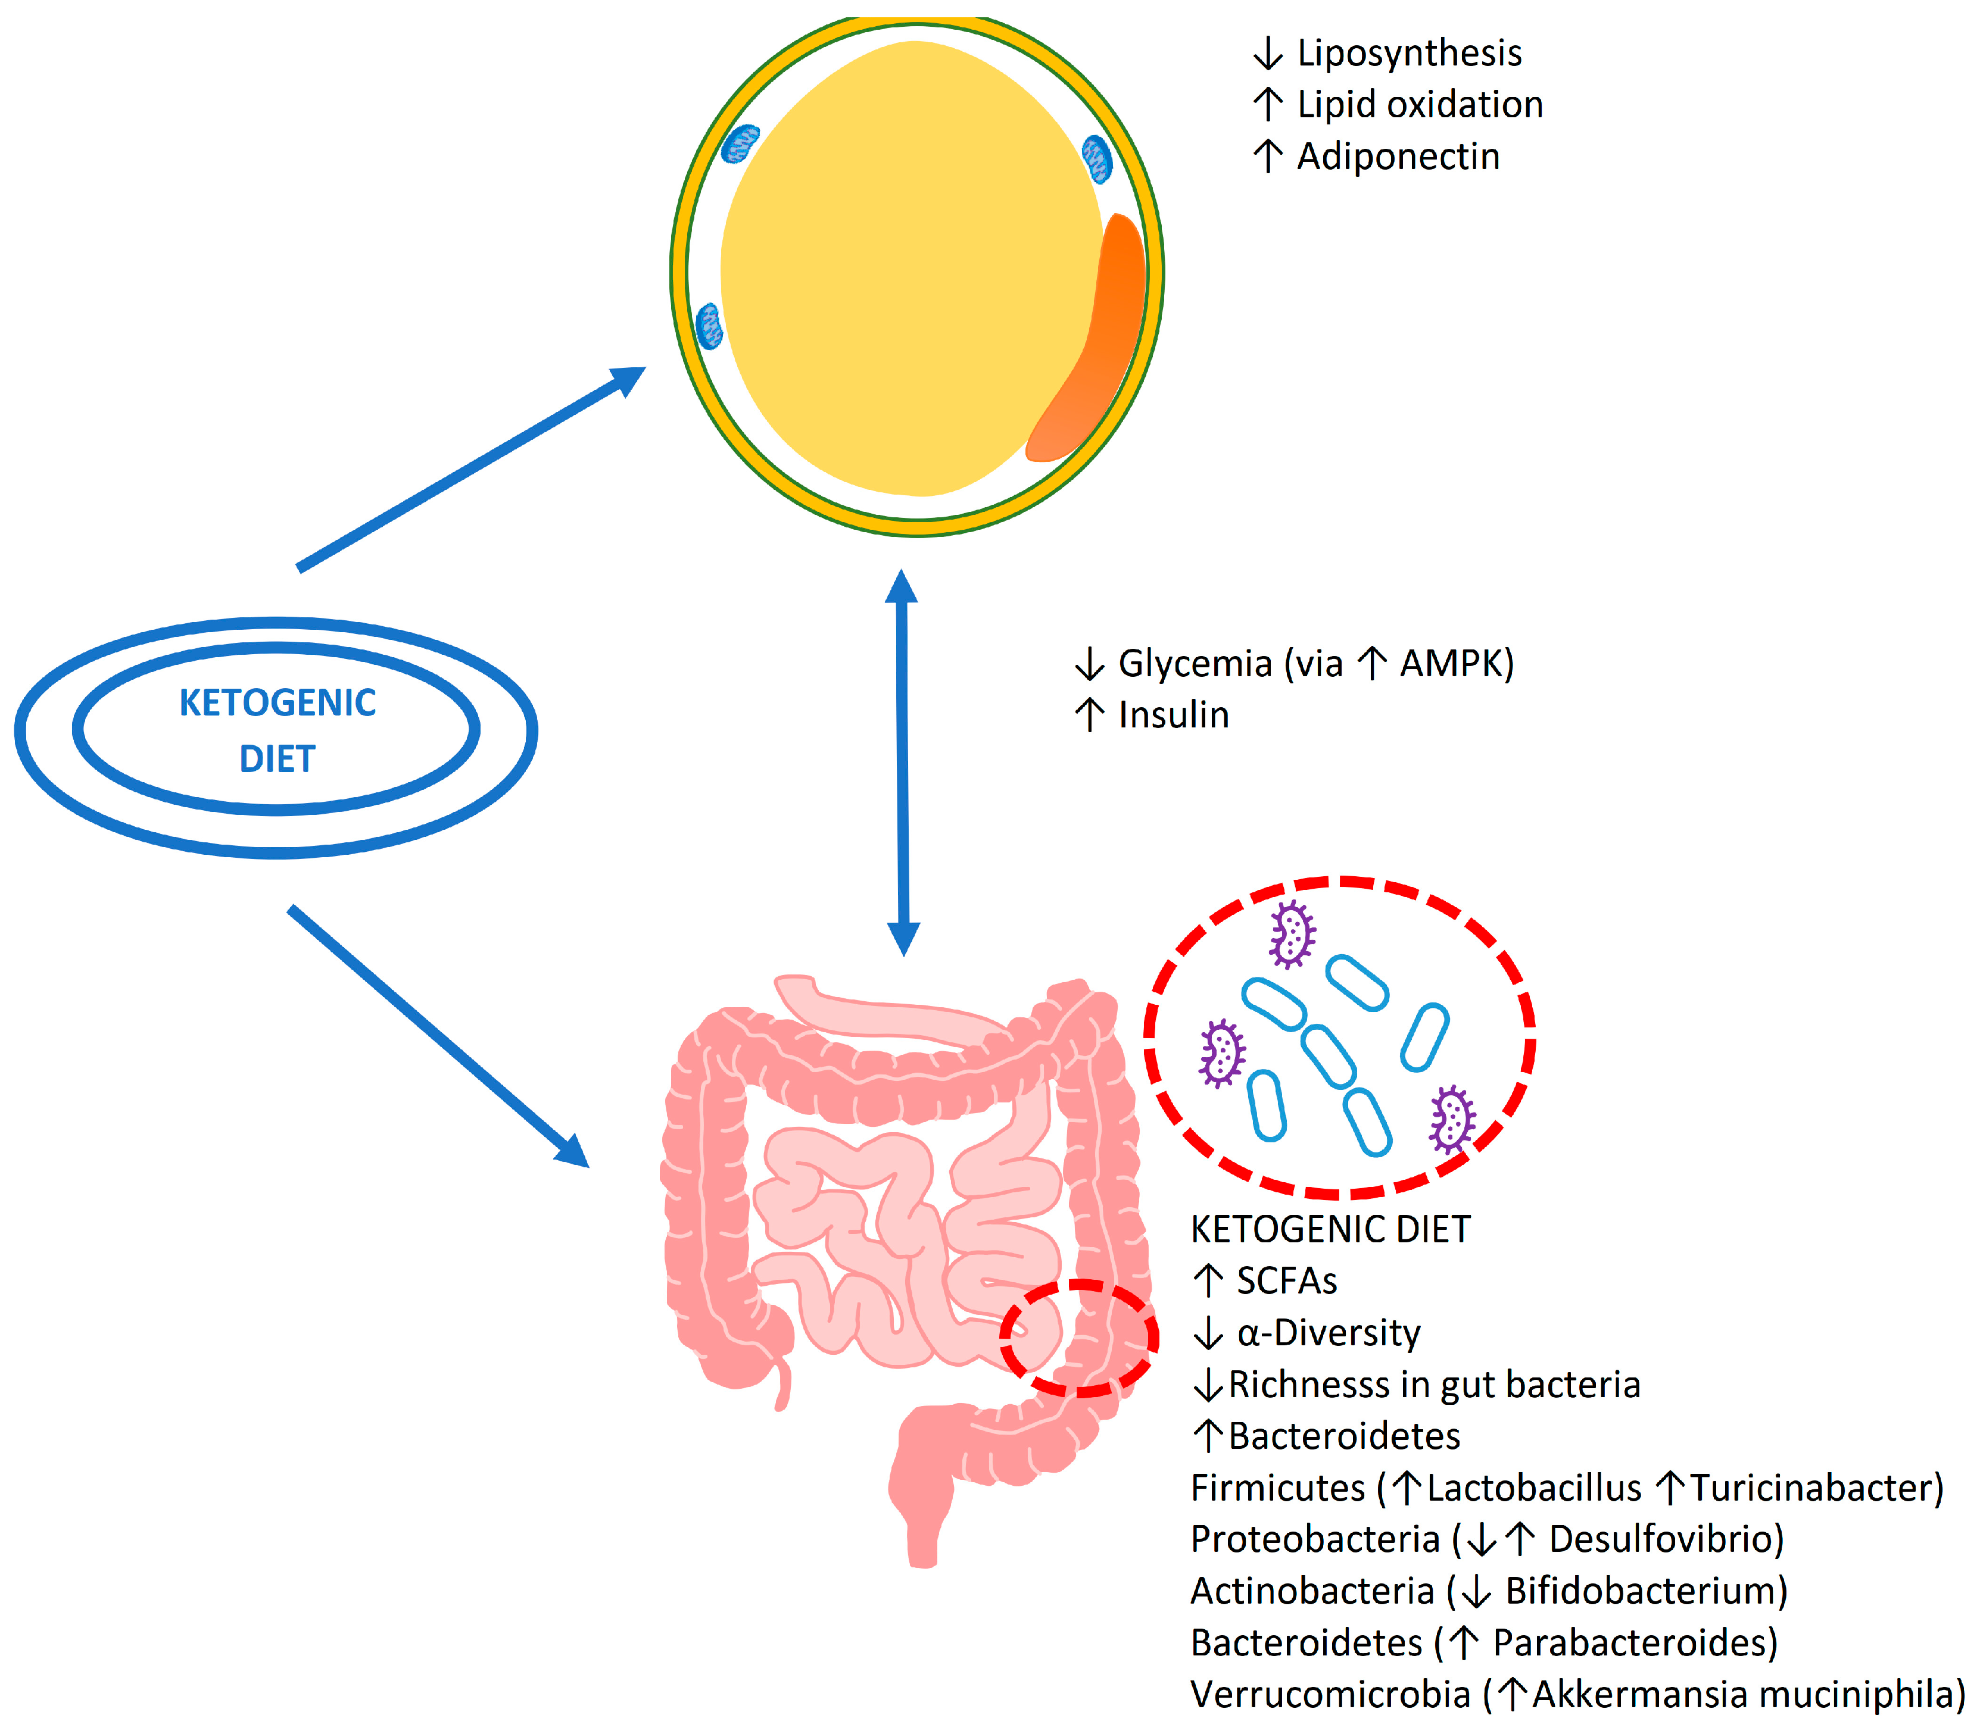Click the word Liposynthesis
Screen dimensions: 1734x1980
[x=1408, y=53]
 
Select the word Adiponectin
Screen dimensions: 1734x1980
[x=1398, y=157]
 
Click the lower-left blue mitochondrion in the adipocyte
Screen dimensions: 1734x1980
[x=709, y=325]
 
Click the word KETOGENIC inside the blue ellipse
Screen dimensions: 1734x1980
[x=277, y=702]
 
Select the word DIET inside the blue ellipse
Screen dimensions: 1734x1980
[x=277, y=758]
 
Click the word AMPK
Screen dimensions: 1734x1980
[x=1455, y=664]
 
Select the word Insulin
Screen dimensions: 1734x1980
[x=1173, y=715]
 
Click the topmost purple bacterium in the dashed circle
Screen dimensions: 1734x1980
[x=1292, y=934]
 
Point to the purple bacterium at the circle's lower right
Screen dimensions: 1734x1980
[x=1452, y=1120]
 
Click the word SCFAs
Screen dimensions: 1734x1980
[x=1286, y=1281]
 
